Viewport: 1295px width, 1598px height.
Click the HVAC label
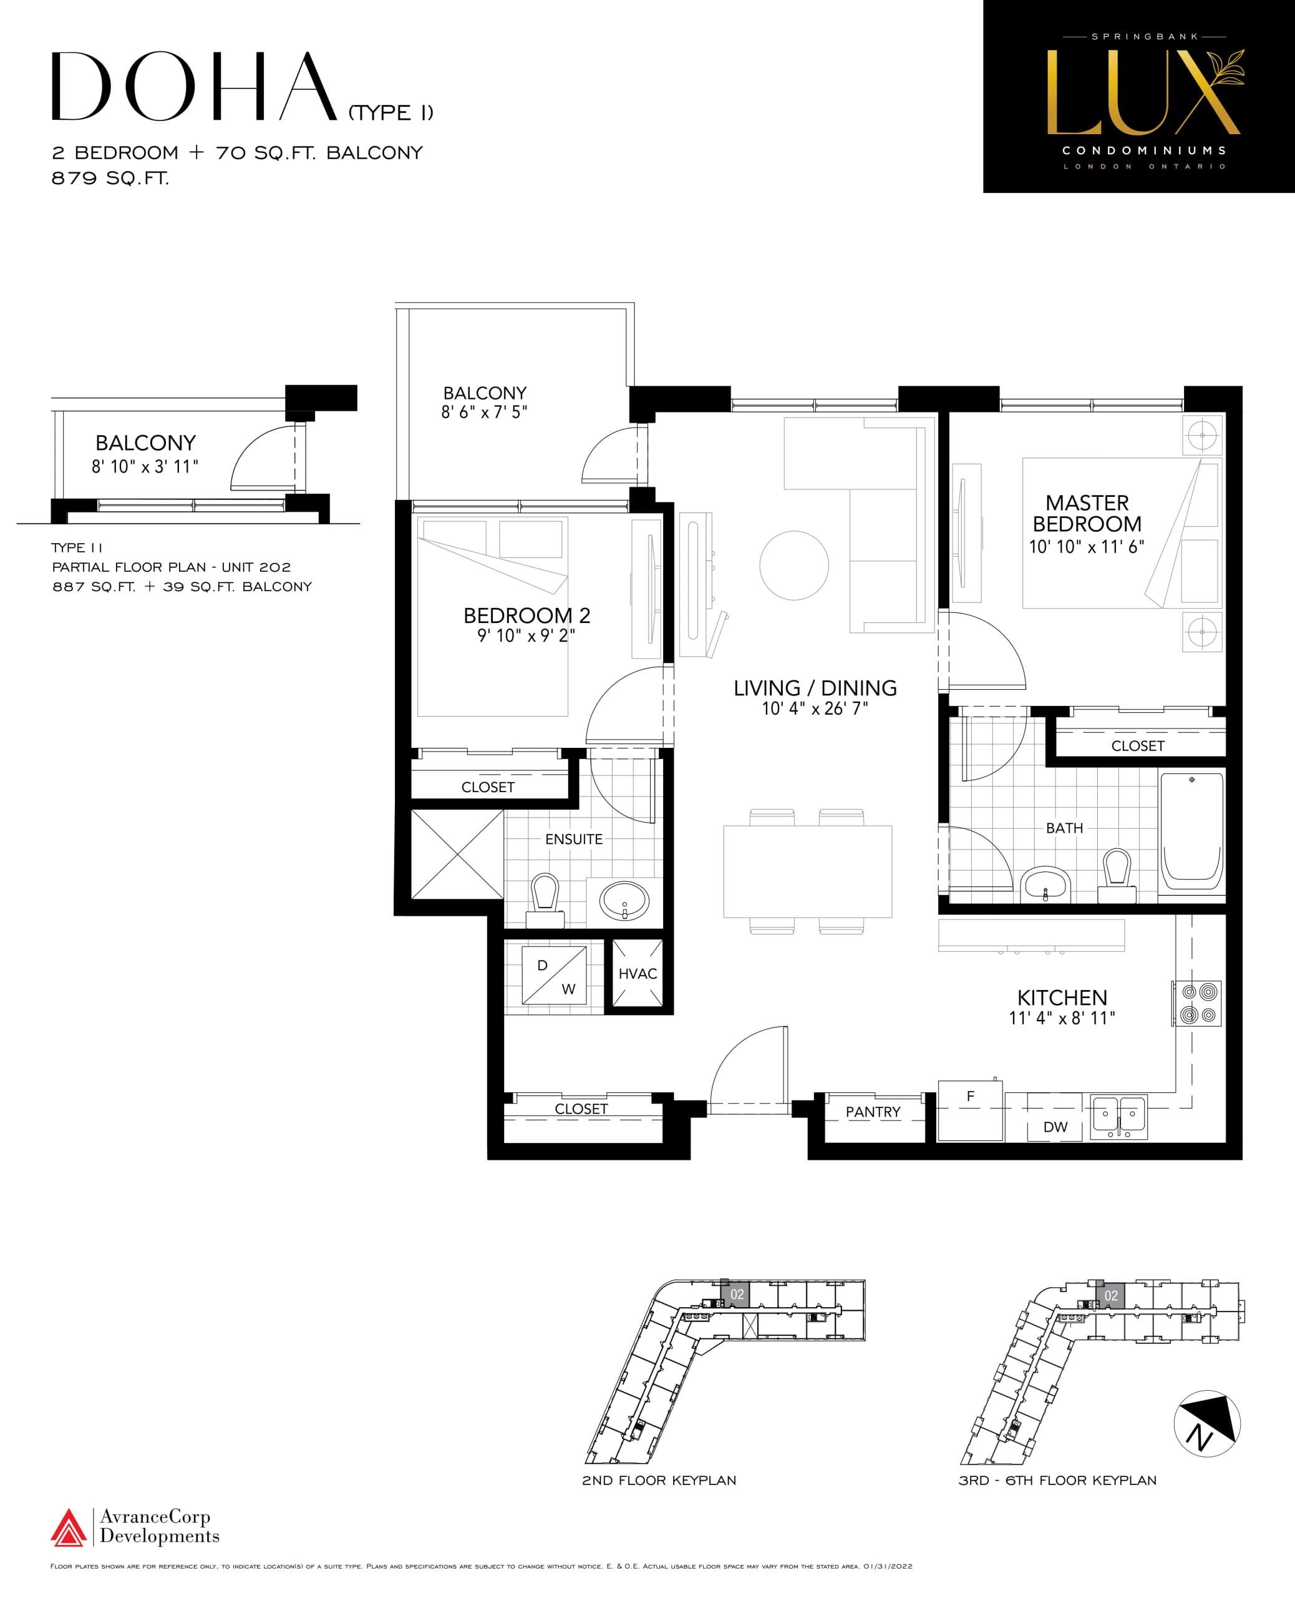click(x=637, y=973)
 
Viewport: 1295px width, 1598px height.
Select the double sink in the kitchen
click(x=1118, y=1116)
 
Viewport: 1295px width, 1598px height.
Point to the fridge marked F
click(x=970, y=1110)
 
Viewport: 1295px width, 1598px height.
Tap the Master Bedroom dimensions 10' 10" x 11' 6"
click(x=1086, y=546)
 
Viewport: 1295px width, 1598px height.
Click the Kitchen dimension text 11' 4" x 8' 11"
click(x=1062, y=1017)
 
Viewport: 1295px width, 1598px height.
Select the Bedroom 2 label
click(x=526, y=615)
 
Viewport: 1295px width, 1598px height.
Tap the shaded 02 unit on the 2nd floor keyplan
click(x=735, y=1294)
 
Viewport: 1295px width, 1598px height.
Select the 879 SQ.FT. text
click(x=110, y=179)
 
